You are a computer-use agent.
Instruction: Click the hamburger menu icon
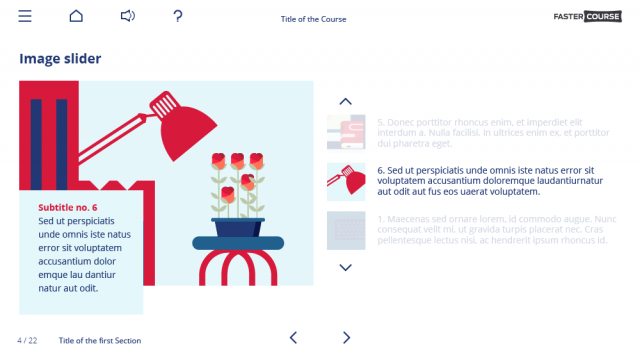(x=25, y=16)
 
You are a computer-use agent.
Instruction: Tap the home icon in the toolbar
(x=76, y=16)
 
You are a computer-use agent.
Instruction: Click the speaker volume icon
(x=127, y=16)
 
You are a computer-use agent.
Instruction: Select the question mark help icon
(x=178, y=16)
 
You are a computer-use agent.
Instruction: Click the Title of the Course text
(x=313, y=19)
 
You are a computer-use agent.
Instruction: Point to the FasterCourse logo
(x=588, y=16)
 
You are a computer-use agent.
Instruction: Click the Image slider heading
(x=60, y=59)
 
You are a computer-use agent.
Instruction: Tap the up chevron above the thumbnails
(x=346, y=101)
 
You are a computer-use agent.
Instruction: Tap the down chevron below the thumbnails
(x=346, y=267)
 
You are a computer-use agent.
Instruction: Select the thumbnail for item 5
(x=346, y=132)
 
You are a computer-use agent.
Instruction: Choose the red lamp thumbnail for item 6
(x=346, y=181)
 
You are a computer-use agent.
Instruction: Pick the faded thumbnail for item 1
(x=346, y=230)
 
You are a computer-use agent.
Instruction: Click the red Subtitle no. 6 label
(x=68, y=207)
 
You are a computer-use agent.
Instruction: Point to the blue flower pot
(x=238, y=227)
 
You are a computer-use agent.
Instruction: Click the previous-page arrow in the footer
(x=293, y=338)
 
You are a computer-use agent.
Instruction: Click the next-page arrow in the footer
(x=346, y=338)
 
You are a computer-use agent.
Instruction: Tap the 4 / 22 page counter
(x=27, y=341)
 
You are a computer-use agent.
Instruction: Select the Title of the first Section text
(x=100, y=341)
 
